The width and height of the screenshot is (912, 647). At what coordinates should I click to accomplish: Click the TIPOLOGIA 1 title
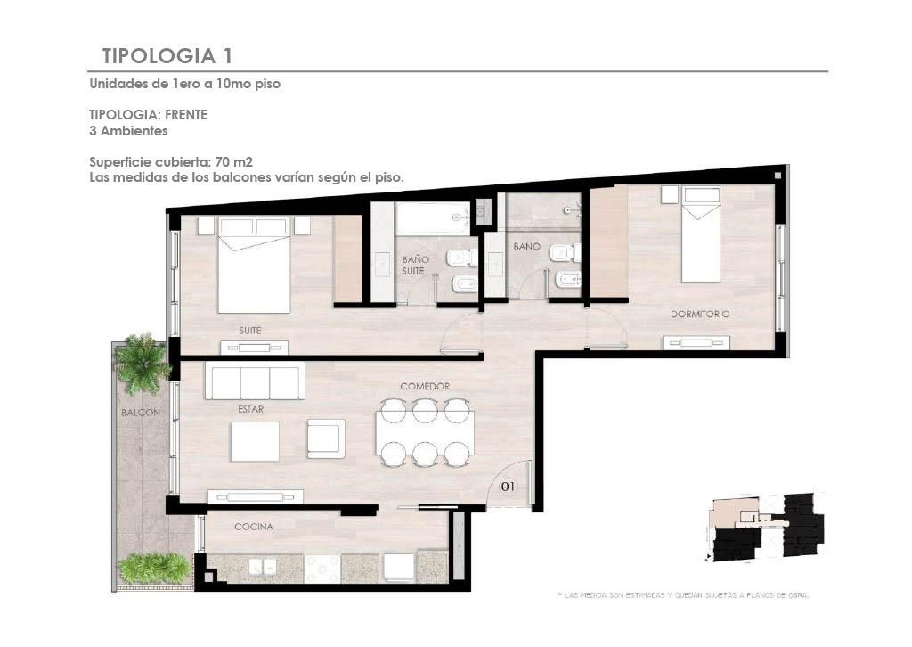click(167, 56)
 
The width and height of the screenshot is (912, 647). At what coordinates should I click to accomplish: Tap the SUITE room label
click(250, 331)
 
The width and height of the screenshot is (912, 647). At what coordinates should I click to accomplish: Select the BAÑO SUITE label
click(415, 266)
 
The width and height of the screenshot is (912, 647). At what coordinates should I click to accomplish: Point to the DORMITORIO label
click(700, 315)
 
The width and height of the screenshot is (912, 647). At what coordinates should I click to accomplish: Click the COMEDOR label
click(425, 387)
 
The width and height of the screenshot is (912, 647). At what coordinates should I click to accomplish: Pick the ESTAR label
click(250, 410)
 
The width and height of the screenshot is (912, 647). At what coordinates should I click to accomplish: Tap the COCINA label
click(254, 528)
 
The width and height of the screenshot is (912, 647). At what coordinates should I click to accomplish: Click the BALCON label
click(140, 413)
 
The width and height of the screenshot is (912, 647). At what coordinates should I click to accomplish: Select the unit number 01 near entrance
click(508, 486)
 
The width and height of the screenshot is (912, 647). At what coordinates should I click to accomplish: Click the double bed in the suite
click(254, 266)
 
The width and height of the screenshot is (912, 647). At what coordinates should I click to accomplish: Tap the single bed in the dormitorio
click(701, 233)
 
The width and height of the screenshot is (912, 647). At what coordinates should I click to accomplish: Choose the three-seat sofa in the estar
click(255, 381)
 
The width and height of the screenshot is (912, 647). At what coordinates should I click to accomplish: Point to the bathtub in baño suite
click(432, 218)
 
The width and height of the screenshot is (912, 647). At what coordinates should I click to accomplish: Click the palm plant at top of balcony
click(142, 363)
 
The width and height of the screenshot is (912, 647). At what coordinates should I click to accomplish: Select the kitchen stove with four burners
click(322, 568)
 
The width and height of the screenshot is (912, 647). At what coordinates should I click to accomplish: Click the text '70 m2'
click(234, 162)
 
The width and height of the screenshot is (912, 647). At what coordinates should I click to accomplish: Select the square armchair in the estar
click(326, 438)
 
